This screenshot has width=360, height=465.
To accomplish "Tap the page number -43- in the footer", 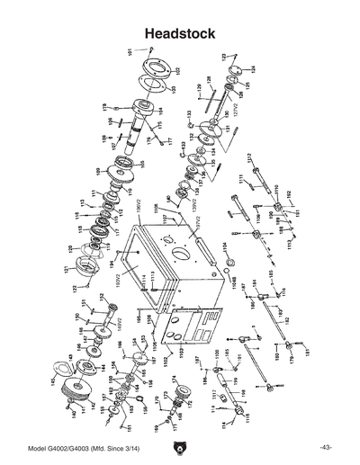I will pyautogui.click(x=325, y=447).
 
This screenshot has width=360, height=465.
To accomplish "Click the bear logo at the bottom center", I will pyautogui.click(x=180, y=447).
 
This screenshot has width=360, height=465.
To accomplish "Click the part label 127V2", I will pyautogui.click(x=235, y=112).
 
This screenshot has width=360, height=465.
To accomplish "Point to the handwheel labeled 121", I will pyautogui.click(x=88, y=266).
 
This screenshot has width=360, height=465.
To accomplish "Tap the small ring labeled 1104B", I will pyautogui.click(x=229, y=262).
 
